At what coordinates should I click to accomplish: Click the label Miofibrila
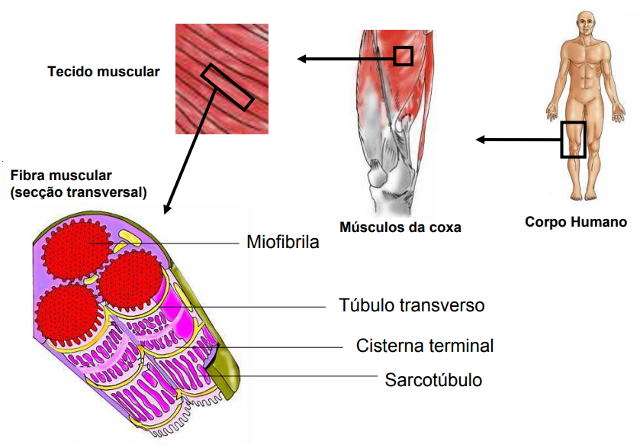pos(281,243)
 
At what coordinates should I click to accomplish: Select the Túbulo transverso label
pos(411,306)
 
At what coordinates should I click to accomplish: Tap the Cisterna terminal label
pos(424,346)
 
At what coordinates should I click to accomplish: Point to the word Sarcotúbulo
pos(433,379)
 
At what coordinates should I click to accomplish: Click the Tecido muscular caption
pos(104,73)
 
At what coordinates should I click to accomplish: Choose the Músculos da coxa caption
pos(400,227)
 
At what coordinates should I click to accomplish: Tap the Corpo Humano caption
pos(576,223)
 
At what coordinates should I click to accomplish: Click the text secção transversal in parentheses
pos(79,192)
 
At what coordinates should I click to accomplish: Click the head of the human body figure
pos(585,22)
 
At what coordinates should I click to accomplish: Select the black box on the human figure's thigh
pos(573,140)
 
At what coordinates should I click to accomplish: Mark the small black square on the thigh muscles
pos(404,56)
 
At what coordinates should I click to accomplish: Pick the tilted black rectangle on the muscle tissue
pos(227,86)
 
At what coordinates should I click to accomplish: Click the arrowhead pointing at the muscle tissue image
pos(302,59)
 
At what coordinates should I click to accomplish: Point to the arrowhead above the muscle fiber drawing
pos(168,207)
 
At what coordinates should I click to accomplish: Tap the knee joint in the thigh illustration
pos(381,171)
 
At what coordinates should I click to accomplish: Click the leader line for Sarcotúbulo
pos(305,375)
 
